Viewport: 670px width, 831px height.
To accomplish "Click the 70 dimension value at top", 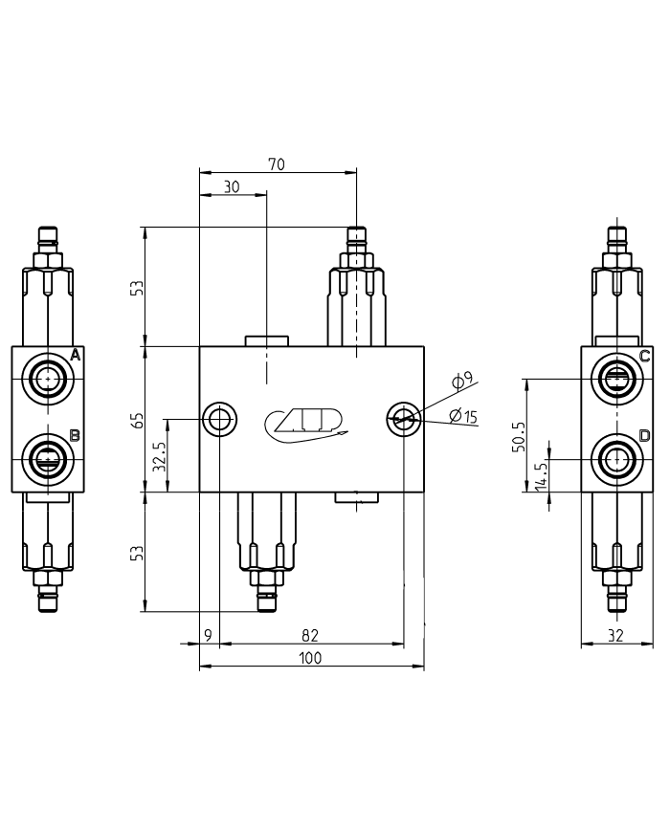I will (x=276, y=164).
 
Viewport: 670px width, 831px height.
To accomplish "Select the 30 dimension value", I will (x=232, y=187).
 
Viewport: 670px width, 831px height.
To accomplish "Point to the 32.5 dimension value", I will (x=160, y=456).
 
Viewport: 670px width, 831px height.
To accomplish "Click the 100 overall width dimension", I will (x=310, y=658).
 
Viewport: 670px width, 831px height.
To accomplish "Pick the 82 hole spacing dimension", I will (x=310, y=635).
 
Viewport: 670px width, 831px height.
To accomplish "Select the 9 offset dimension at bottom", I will (x=208, y=635).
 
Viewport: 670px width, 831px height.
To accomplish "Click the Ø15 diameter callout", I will (x=462, y=415).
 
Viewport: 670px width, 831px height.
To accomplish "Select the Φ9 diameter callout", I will (x=462, y=382).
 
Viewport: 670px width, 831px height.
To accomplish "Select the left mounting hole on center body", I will (x=220, y=419).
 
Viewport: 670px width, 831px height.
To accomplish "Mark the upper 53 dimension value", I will (x=138, y=287).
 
